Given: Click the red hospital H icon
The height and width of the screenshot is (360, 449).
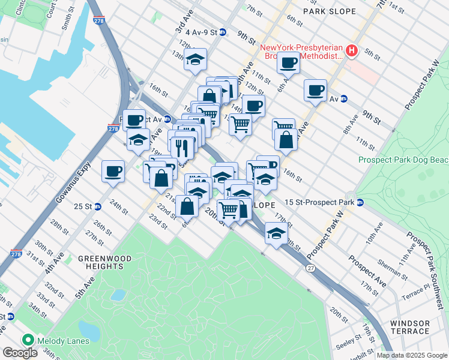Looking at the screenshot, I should (x=352, y=52).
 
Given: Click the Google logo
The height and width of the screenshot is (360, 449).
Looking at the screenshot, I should (x=21, y=353).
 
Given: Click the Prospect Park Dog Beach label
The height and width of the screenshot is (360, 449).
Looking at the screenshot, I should (x=403, y=160).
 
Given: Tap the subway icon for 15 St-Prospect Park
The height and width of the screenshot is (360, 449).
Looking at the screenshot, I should (x=360, y=203).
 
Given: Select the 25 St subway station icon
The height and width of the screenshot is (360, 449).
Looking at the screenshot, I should (x=97, y=206).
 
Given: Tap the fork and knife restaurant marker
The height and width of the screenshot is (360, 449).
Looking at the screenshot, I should (x=182, y=146).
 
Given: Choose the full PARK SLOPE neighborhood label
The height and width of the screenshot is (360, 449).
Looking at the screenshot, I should (x=329, y=11).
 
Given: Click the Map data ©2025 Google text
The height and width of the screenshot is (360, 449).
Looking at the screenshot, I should (x=411, y=355).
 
